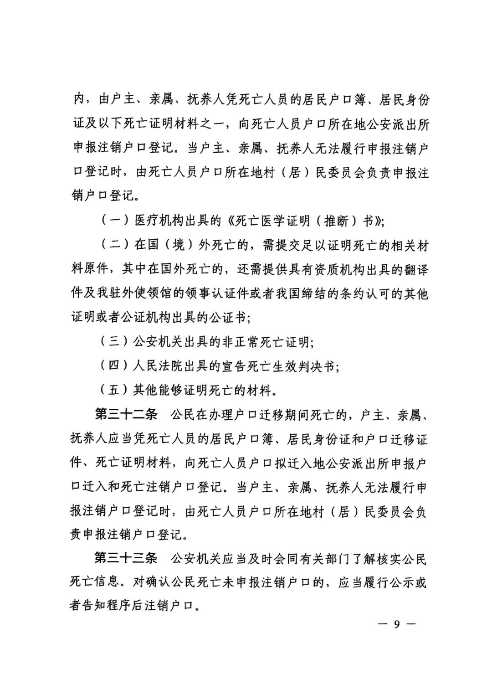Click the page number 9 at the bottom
[397, 624]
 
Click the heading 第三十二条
[126, 414]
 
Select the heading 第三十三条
[126, 558]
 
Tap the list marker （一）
[111, 221]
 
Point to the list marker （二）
[111, 245]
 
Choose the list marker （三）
[111, 342]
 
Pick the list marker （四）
[111, 366]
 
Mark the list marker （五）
[111, 390]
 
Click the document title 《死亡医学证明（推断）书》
[303, 221]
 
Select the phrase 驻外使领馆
[139, 293]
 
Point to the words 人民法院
[157, 366]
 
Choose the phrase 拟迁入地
[299, 463]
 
